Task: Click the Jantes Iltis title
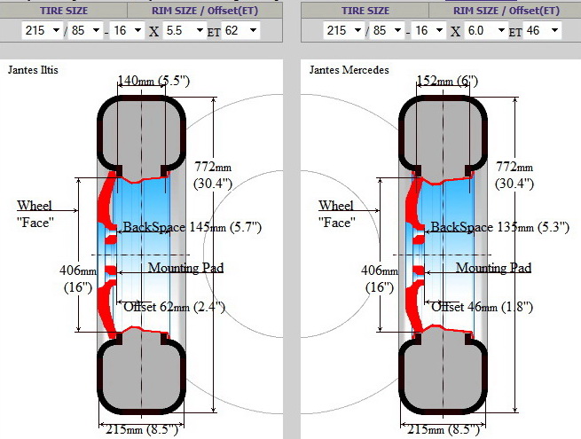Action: click(33, 70)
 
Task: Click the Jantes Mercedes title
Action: click(349, 70)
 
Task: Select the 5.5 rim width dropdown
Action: click(185, 30)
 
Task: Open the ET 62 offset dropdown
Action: click(240, 30)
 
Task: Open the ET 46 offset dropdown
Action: click(542, 30)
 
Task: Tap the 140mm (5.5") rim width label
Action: click(153, 81)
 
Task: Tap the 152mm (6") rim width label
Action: click(447, 81)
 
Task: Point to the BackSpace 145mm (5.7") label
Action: click(192, 227)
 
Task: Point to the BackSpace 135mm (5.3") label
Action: click(500, 227)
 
